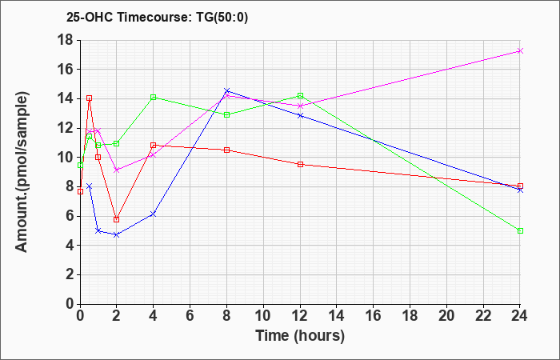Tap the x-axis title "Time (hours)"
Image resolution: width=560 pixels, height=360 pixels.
300,335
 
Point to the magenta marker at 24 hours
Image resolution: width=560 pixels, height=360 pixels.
520,50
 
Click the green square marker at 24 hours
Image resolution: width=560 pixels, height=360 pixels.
520,230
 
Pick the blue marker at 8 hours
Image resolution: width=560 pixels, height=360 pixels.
226,90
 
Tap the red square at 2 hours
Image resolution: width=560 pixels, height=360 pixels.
116,219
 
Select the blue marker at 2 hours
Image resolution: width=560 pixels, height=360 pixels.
116,235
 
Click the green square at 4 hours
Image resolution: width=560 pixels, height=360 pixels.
153,97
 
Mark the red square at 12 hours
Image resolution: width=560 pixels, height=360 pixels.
300,164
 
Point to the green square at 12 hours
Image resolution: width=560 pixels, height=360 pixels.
300,95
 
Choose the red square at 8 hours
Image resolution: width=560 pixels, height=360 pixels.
226,150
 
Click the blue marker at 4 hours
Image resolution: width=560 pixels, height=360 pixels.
153,214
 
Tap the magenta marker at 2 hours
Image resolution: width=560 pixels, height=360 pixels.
116,170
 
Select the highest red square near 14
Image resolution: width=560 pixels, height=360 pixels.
89,98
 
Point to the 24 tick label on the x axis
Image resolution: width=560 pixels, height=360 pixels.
520,316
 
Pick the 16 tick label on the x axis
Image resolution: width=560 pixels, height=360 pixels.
373,316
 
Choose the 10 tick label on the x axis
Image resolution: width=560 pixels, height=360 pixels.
262,316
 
